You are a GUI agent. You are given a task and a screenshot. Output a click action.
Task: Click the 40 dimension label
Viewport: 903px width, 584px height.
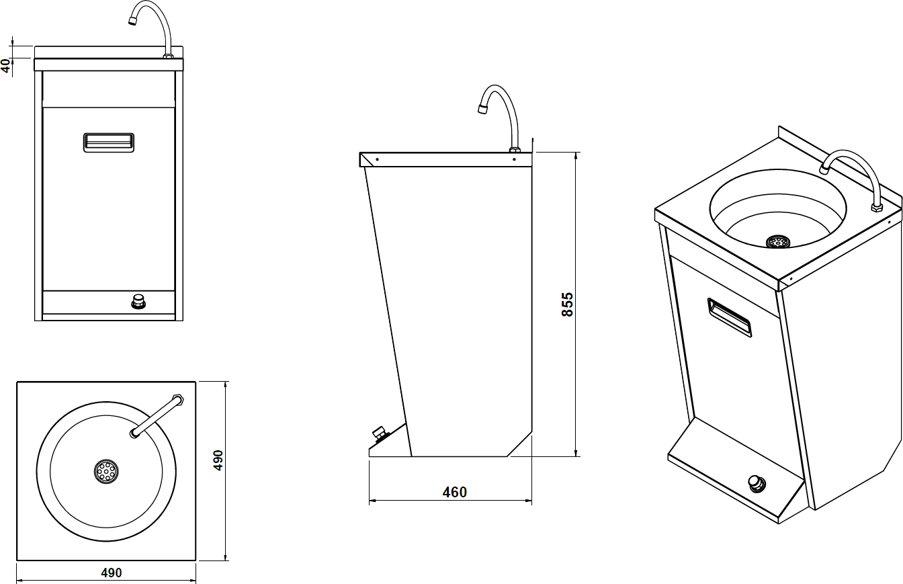click(6, 65)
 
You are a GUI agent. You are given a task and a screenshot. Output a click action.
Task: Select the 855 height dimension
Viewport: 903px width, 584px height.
click(568, 304)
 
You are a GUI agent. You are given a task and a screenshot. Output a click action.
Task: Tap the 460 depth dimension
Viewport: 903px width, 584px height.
click(454, 493)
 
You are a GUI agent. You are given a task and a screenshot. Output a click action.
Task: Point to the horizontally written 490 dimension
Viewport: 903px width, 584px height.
click(111, 573)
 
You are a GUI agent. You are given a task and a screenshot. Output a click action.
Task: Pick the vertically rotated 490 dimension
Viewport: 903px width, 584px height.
click(218, 460)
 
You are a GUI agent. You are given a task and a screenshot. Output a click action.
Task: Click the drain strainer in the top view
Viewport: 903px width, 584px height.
click(105, 471)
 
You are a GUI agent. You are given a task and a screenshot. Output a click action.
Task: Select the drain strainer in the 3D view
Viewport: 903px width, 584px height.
click(778, 241)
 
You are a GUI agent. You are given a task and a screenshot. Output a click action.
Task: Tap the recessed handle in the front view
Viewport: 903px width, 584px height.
click(109, 142)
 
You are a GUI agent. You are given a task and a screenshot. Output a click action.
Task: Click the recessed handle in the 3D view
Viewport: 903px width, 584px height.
click(730, 317)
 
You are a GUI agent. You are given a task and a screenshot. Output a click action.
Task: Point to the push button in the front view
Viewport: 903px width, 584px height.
click(139, 301)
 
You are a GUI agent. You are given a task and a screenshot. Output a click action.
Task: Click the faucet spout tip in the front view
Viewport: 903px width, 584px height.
click(132, 21)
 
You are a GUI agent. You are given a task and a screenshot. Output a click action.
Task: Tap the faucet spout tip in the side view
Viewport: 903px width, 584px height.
click(482, 108)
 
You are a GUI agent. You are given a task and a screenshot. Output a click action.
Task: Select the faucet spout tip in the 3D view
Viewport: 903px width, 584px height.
click(824, 167)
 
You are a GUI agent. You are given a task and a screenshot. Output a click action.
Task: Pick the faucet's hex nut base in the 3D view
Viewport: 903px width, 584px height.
click(876, 207)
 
